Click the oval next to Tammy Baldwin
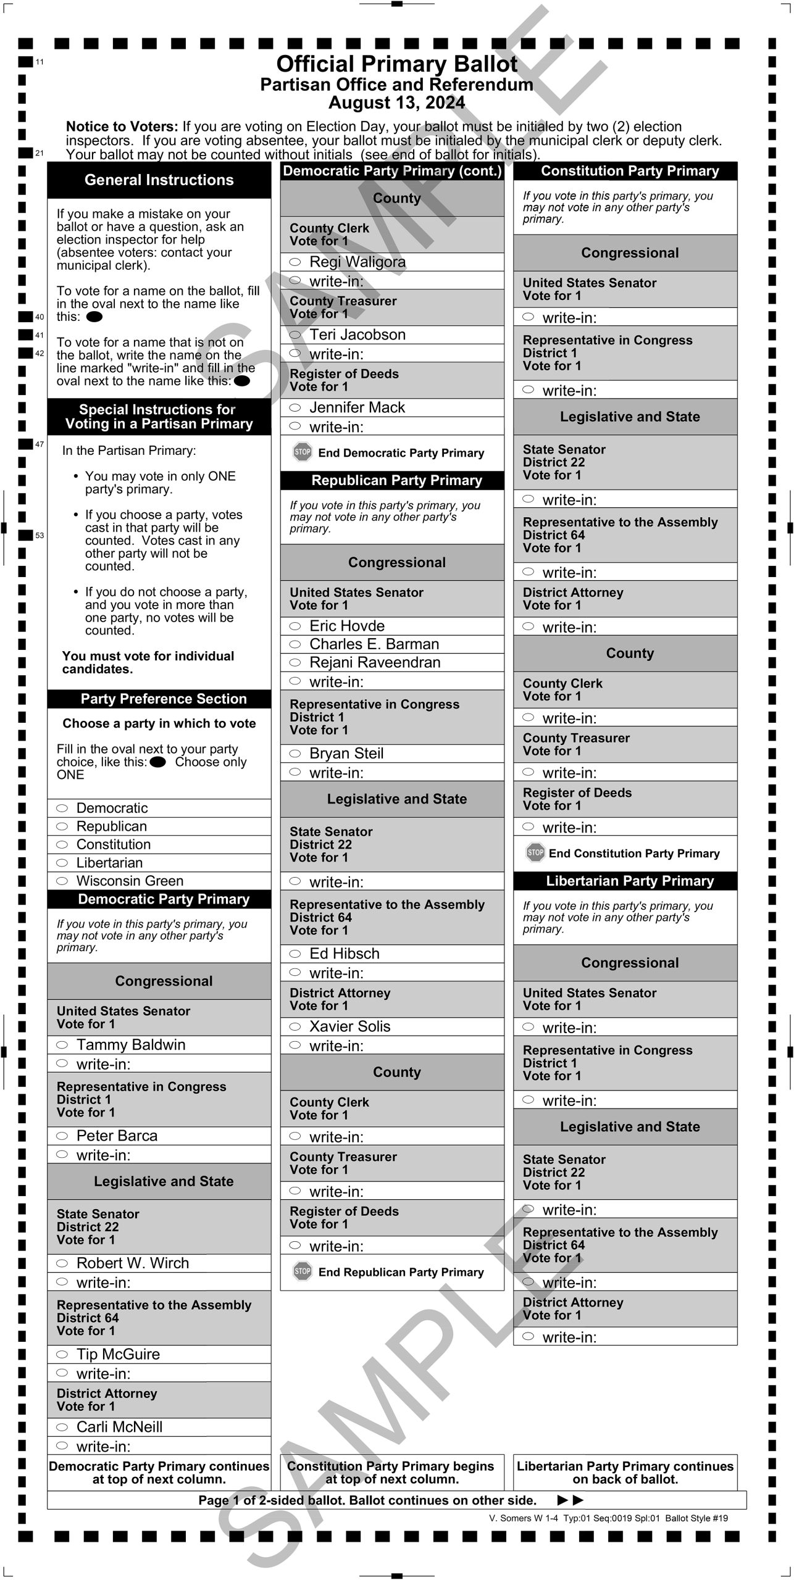point(62,1045)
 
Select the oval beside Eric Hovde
point(295,626)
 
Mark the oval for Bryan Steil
point(295,754)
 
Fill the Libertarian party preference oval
point(62,863)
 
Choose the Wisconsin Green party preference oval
point(62,881)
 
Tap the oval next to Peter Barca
point(62,1136)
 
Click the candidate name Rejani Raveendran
point(375,662)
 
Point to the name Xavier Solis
point(349,1026)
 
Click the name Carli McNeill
point(119,1427)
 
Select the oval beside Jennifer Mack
point(295,408)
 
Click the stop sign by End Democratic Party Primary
point(302,452)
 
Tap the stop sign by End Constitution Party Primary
point(535,853)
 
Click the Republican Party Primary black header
point(396,480)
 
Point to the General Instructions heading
point(159,180)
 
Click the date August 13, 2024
point(396,102)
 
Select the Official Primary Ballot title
point(396,64)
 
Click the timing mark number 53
point(40,536)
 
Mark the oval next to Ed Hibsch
point(295,954)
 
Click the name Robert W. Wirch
point(132,1263)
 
